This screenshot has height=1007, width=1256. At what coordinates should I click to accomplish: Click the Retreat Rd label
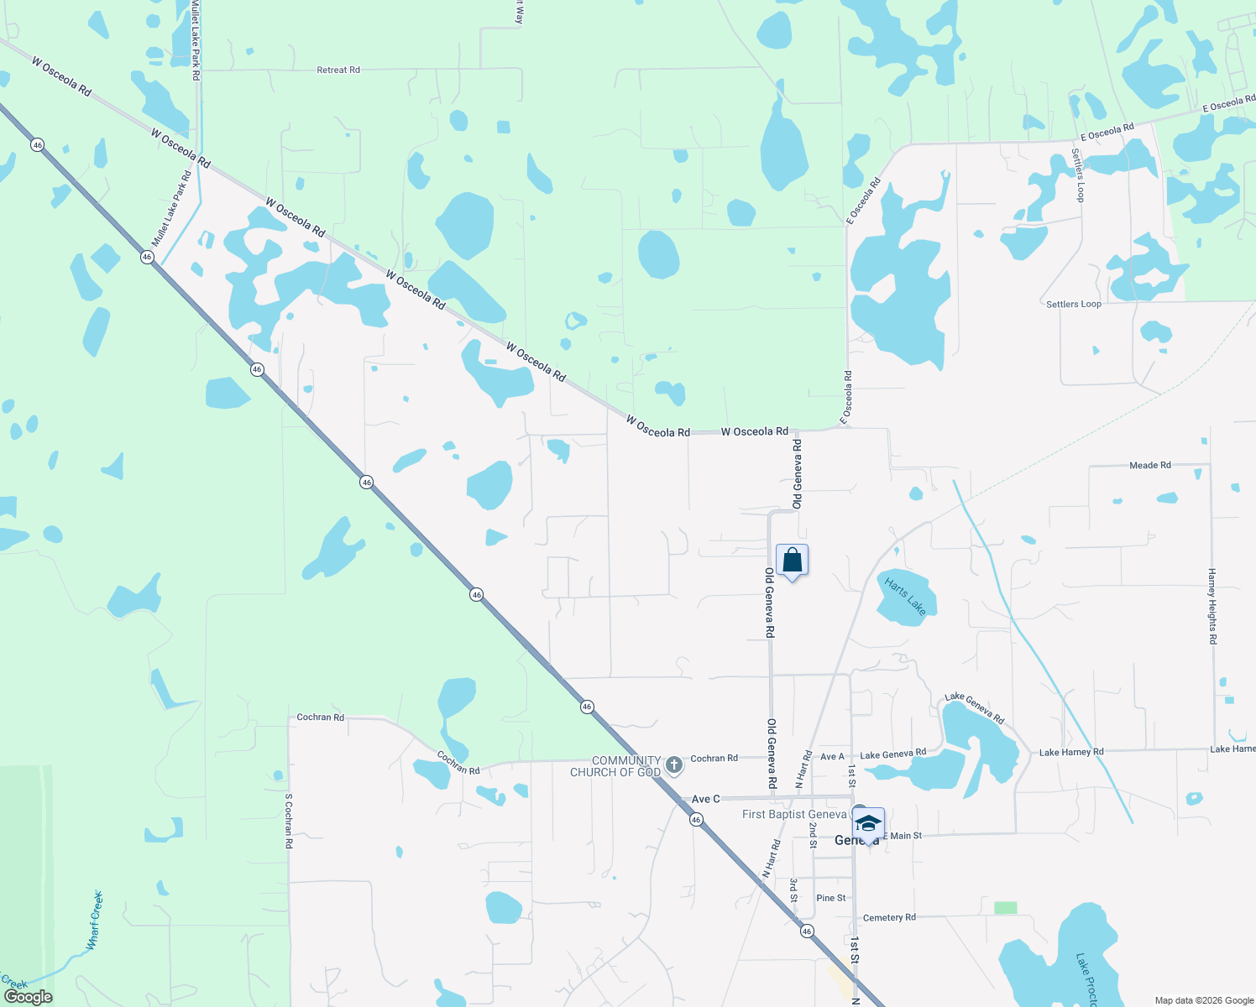(338, 70)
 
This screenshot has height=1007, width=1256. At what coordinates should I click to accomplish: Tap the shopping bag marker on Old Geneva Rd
(792, 561)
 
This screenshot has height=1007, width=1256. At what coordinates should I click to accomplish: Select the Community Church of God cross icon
(673, 765)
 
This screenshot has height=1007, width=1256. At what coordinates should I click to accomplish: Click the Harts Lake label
(904, 597)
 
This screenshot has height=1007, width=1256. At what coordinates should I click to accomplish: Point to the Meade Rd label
(1149, 465)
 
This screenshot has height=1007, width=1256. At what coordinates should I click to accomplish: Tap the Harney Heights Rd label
(1212, 606)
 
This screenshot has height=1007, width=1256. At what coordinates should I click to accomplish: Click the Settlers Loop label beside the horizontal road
(1073, 304)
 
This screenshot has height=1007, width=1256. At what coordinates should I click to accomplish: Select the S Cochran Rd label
(289, 821)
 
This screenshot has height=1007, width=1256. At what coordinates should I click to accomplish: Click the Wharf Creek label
(95, 921)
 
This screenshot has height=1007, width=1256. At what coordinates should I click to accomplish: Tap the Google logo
(28, 997)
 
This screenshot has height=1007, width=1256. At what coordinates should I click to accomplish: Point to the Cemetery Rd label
(889, 918)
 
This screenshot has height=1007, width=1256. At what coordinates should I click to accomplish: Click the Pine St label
(831, 898)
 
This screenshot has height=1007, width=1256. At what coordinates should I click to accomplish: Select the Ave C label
(705, 799)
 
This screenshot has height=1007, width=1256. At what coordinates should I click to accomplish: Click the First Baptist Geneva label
(794, 815)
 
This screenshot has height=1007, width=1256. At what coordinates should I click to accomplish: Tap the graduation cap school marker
(869, 823)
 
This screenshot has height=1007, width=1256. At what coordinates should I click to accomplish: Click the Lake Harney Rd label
(1070, 753)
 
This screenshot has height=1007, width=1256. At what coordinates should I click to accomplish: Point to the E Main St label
(902, 836)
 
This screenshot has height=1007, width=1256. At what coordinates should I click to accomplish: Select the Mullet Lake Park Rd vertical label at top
(196, 40)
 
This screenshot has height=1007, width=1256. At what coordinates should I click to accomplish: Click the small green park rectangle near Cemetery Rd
(1005, 908)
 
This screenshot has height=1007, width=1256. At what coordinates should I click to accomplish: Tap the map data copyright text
(1204, 1000)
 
